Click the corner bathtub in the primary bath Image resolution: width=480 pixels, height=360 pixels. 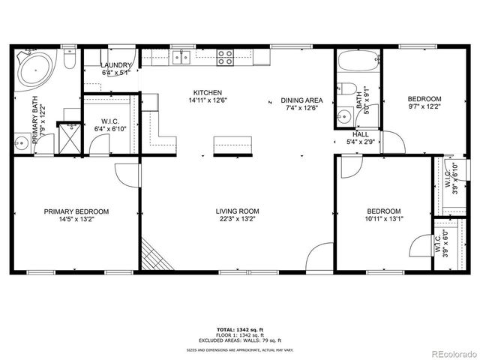click(34, 68)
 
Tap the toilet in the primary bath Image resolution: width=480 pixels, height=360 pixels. click(68, 59)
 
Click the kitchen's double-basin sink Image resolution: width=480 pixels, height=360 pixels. click(179, 55)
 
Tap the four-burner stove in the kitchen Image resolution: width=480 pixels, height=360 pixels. click(225, 55)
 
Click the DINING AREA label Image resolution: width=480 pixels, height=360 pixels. click(301, 100)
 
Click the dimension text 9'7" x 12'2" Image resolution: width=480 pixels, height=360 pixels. click(424, 108)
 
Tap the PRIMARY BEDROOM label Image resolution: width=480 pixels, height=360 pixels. click(76, 211)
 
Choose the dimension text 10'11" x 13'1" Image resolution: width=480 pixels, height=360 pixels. click(383, 220)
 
